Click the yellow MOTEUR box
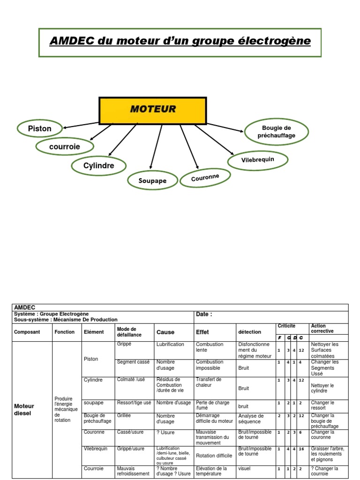coord(152,110)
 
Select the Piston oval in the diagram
coord(40,128)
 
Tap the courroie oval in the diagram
coord(65,147)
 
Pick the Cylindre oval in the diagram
coord(99,166)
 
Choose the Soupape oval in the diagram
coord(152,180)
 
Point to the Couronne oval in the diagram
coord(205,177)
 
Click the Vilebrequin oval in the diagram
coord(257,160)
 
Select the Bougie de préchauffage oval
coord(277,132)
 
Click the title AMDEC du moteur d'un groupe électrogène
coord(180,41)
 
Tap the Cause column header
coord(165,332)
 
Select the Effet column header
coord(202,332)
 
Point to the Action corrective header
coord(322,328)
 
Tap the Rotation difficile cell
coord(214,456)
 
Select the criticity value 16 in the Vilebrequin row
coord(301,449)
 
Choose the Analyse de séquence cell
coord(251,418)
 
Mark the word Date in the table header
coord(204,315)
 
